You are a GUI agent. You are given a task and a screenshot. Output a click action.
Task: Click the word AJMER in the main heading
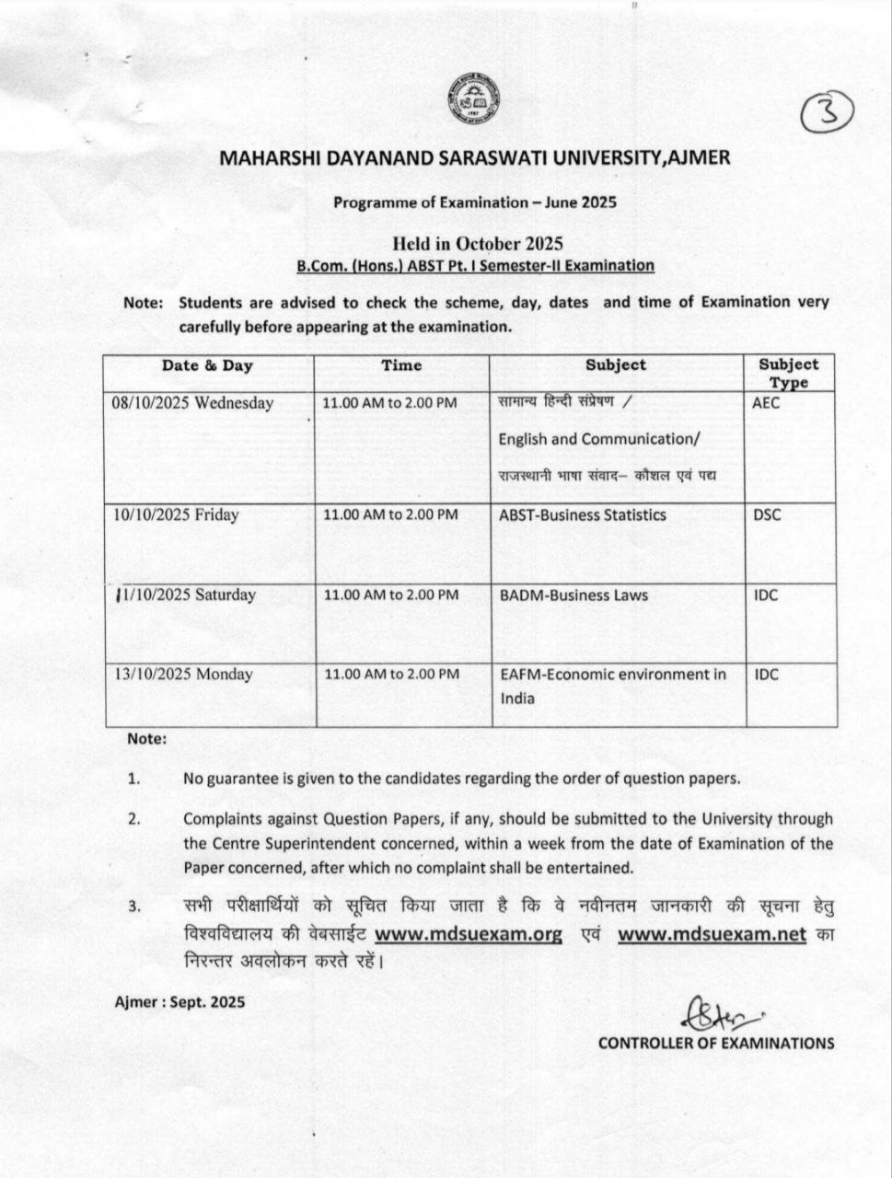[699, 157]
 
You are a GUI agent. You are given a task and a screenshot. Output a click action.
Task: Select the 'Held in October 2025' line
[476, 244]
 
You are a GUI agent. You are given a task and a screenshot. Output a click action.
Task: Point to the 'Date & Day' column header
[207, 365]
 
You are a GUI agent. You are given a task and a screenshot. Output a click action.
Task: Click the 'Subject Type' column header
[788, 373]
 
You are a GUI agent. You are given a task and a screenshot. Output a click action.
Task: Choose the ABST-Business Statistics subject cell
[582, 515]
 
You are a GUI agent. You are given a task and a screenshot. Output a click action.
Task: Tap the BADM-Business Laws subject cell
[573, 595]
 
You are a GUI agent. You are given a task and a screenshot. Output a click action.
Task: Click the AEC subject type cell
[766, 403]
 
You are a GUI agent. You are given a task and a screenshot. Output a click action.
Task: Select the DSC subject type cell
[767, 515]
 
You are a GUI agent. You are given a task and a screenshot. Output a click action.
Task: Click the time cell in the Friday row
[390, 515]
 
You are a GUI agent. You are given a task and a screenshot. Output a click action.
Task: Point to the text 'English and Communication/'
[599, 440]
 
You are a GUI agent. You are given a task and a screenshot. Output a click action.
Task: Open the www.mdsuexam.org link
[469, 935]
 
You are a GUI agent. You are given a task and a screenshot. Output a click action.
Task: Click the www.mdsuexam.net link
[712, 935]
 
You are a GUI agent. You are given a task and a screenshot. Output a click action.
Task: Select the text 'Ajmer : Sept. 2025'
[180, 1002]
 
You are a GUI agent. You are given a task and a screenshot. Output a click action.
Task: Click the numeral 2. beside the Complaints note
[133, 819]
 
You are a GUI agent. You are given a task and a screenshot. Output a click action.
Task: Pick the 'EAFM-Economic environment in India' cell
[612, 687]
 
